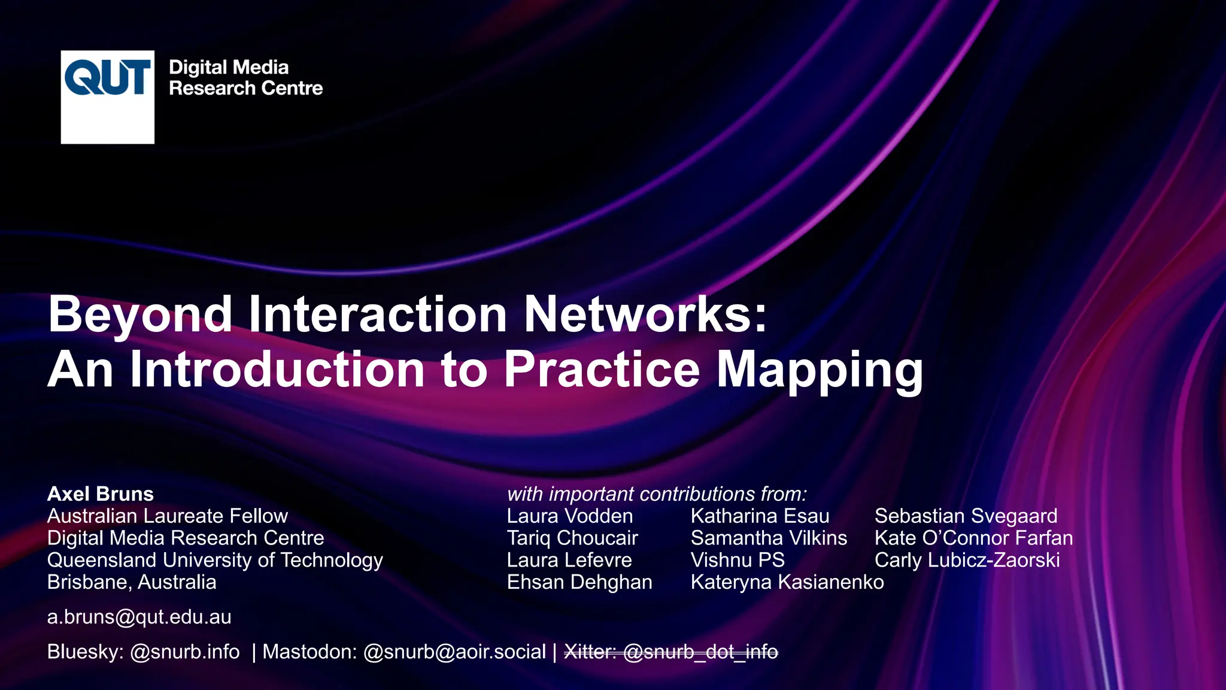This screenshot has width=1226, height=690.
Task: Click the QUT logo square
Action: pyautogui.click(x=108, y=96)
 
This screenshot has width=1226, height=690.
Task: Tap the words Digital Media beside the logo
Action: pyautogui.click(x=229, y=67)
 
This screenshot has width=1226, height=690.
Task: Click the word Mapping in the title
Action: pyautogui.click(x=820, y=370)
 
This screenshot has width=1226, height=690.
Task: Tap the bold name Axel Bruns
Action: pyautogui.click(x=101, y=494)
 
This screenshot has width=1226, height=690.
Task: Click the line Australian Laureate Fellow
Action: pyautogui.click(x=168, y=516)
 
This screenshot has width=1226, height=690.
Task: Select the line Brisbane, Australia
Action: pyautogui.click(x=132, y=582)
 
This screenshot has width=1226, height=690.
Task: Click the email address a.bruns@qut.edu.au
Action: pyautogui.click(x=139, y=617)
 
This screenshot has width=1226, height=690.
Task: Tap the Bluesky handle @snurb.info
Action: pyautogui.click(x=185, y=652)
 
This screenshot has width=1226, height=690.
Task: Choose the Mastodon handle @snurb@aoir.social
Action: pyautogui.click(x=454, y=652)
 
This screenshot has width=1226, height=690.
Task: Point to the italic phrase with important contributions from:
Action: pyautogui.click(x=657, y=494)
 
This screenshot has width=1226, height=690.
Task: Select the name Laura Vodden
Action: pyautogui.click(x=569, y=516)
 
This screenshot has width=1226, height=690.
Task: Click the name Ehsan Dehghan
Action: pyautogui.click(x=579, y=582)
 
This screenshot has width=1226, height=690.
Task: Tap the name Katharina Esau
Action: pyautogui.click(x=760, y=516)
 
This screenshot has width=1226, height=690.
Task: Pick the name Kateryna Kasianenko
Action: pyautogui.click(x=787, y=582)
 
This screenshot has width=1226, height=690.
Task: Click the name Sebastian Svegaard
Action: pyautogui.click(x=966, y=516)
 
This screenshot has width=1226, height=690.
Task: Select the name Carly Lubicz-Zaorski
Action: pyautogui.click(x=967, y=560)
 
